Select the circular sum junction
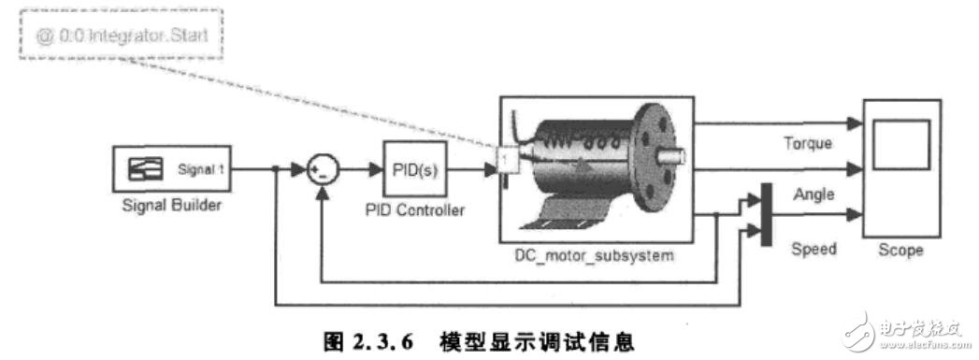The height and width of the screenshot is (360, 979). coord(322,171)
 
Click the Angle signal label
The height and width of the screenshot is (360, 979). coord(812,194)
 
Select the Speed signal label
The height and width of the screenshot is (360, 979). coord(813,249)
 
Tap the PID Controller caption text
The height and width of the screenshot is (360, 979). coord(414,210)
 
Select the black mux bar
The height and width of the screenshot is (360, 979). coord(766,214)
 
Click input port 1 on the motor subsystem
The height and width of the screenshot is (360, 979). coord(505,161)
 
